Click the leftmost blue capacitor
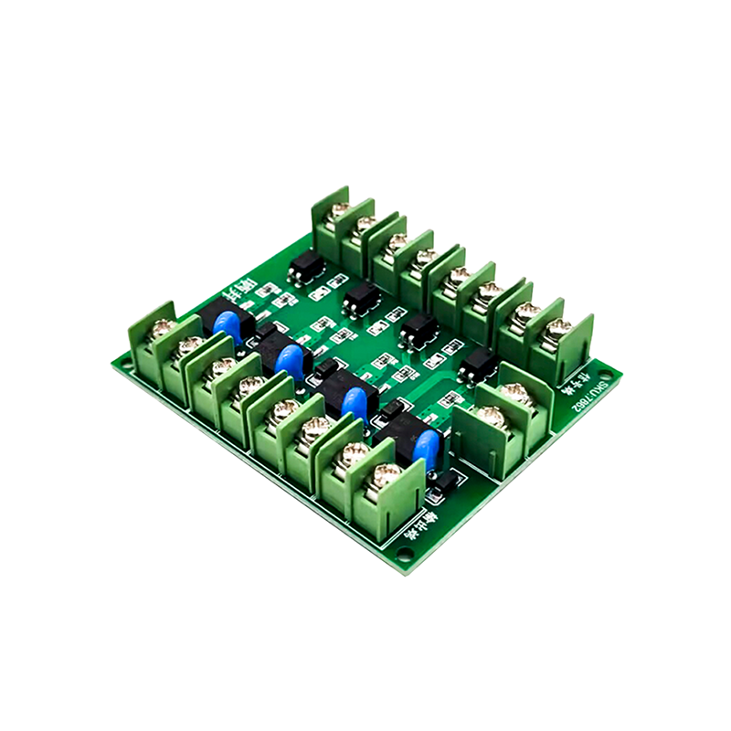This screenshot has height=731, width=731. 228,327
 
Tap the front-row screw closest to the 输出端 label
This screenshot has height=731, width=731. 377,473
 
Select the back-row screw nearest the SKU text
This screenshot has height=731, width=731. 559,325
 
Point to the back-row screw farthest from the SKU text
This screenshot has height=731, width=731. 340,209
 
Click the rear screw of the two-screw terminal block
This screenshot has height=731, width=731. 517,391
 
